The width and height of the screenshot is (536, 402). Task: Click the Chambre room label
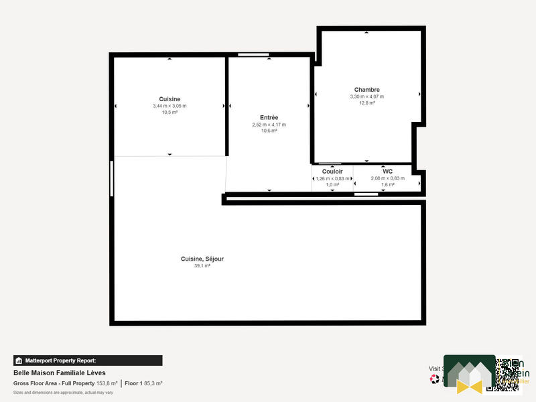(367, 90)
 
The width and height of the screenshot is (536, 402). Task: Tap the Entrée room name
(269, 118)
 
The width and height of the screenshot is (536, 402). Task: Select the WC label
(387, 172)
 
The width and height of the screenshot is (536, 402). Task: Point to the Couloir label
(332, 172)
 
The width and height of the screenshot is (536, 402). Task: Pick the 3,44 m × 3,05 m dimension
(170, 106)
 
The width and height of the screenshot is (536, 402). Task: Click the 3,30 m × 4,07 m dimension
(367, 96)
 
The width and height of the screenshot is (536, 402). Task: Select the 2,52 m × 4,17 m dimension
(269, 125)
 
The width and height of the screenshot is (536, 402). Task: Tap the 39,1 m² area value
(202, 266)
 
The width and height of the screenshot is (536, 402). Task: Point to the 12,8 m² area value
(367, 103)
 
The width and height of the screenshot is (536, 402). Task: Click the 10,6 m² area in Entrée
(269, 131)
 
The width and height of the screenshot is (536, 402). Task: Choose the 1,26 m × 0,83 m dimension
(332, 178)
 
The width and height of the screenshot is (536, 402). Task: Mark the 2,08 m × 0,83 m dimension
(387, 178)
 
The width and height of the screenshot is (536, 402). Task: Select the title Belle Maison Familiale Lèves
(59, 373)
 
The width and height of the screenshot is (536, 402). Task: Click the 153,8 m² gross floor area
(105, 383)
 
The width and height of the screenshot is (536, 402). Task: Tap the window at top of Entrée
(253, 54)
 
